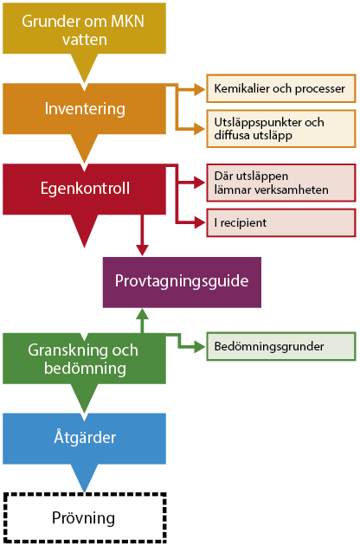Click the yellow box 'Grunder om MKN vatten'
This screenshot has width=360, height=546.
(84, 29)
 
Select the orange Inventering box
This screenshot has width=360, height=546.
(84, 109)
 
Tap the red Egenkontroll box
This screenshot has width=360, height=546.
(84, 189)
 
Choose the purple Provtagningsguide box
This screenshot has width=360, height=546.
(182, 282)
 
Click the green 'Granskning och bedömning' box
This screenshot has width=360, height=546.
(84, 358)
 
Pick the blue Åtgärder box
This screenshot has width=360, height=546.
(84, 439)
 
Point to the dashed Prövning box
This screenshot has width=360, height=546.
(85, 517)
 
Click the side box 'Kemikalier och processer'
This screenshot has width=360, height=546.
(281, 88)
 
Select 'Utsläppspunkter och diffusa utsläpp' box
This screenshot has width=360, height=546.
(281, 128)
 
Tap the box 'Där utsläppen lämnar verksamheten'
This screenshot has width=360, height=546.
(281, 183)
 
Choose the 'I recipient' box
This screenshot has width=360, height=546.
(281, 223)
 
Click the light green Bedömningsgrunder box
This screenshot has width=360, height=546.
(281, 346)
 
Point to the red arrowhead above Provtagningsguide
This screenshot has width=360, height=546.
(142, 250)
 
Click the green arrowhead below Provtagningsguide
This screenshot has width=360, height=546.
(142, 314)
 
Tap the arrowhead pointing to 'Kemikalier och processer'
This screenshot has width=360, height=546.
(200, 89)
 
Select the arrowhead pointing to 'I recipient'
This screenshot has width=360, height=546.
(200, 222)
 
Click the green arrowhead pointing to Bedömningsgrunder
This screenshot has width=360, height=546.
(200, 346)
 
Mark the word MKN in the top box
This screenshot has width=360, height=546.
(127, 22)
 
